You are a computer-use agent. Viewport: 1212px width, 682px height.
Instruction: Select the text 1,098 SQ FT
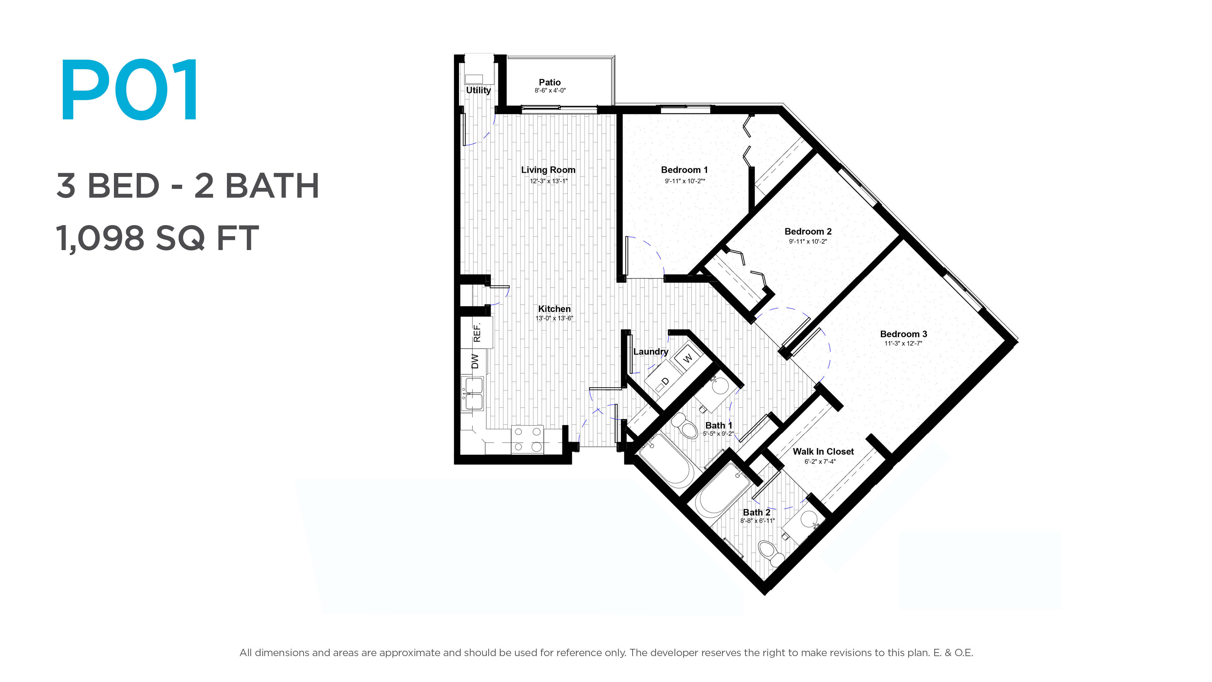coord(157,238)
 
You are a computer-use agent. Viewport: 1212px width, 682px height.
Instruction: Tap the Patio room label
coord(550,82)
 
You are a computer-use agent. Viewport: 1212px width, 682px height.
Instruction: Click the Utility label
coord(478,90)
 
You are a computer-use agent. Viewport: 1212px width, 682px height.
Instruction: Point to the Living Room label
coord(548,170)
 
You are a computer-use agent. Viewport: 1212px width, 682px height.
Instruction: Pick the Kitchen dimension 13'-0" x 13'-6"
coord(554,319)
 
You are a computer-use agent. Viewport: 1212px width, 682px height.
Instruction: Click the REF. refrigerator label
coord(477,332)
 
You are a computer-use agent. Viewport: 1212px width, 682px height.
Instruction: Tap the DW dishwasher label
coord(475,362)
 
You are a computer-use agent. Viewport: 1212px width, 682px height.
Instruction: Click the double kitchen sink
coord(473,394)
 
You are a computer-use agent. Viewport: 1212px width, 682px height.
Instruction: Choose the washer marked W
coord(688,358)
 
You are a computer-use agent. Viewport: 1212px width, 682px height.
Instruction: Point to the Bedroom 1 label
coord(684,170)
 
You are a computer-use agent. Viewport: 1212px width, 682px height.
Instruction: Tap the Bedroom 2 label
coord(808,231)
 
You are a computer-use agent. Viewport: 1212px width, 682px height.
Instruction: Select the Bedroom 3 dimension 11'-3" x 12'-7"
coord(903,344)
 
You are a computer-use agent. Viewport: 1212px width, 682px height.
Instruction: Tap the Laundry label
coord(651,352)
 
